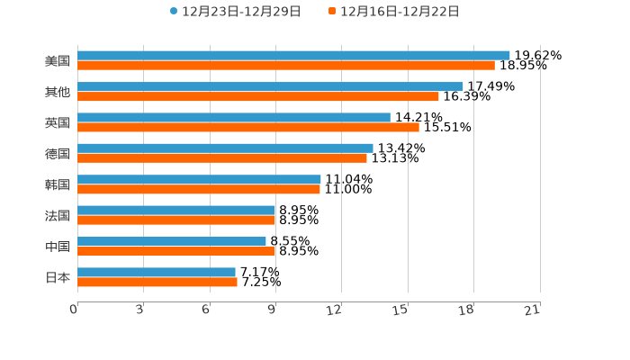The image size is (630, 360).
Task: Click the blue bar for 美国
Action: click(x=293, y=56)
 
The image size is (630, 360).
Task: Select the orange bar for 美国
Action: click(x=286, y=66)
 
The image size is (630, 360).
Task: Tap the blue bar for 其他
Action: click(x=270, y=86)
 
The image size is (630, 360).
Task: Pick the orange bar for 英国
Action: click(x=248, y=127)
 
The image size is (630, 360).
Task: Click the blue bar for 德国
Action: click(x=225, y=148)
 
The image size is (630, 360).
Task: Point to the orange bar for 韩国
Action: click(x=199, y=189)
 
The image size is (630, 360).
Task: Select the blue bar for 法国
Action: click(x=176, y=211)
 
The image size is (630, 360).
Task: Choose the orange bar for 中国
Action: click(x=176, y=251)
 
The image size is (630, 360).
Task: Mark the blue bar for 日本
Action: click(x=157, y=272)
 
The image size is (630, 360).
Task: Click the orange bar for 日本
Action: click(x=157, y=282)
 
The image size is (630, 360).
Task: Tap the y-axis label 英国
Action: click(x=58, y=122)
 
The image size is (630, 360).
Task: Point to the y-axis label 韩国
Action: click(x=58, y=184)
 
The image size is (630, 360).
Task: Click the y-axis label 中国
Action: click(x=58, y=247)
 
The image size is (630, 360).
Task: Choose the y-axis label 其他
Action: click(x=58, y=92)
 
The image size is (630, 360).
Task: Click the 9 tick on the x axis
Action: click(x=272, y=310)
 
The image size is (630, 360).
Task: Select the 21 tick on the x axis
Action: click(x=532, y=310)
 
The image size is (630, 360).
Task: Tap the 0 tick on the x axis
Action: click(x=74, y=310)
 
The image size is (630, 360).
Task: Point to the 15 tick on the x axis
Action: click(x=400, y=310)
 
